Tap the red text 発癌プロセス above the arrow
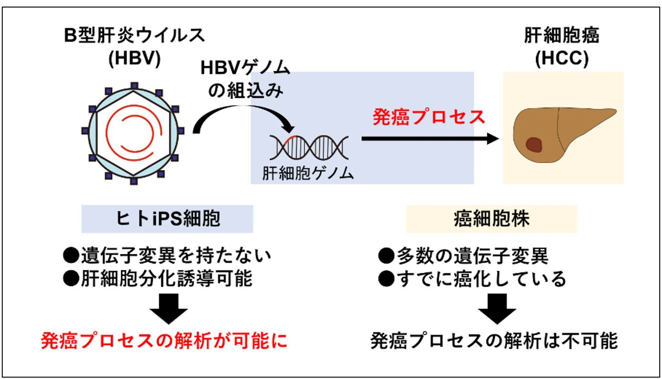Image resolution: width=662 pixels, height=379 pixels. pyautogui.click(x=429, y=117)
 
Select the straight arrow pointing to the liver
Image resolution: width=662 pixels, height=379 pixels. pyautogui.click(x=429, y=139)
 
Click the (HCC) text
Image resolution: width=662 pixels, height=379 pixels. pyautogui.click(x=562, y=59)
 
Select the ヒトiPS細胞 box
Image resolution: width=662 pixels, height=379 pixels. pyautogui.click(x=167, y=219)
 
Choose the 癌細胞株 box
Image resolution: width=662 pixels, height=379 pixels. pyautogui.click(x=491, y=219)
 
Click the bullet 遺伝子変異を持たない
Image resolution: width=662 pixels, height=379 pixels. pyautogui.click(x=167, y=256)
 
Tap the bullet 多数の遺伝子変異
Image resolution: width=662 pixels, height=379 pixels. pyautogui.click(x=463, y=256)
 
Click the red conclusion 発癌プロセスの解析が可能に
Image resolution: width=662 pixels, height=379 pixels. pyautogui.click(x=164, y=341)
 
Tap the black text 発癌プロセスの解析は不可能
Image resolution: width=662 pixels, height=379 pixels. pyautogui.click(x=494, y=341)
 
